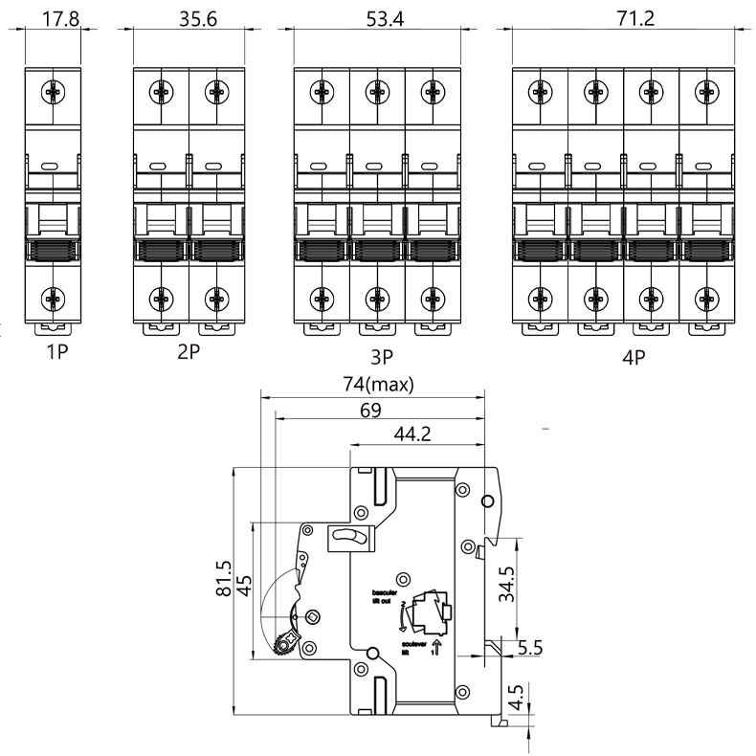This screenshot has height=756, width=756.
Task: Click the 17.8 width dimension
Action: click(x=53, y=19)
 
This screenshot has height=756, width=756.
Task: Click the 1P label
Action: click(x=57, y=351)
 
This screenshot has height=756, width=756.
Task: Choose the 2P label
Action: click(x=189, y=351)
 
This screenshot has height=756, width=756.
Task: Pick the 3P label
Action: click(x=383, y=359)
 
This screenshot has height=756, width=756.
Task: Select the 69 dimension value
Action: click(x=371, y=410)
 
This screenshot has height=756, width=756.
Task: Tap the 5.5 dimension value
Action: click(x=529, y=647)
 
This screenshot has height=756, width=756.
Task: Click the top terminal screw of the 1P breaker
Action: click(x=53, y=93)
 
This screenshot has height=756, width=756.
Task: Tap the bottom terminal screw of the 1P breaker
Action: click(x=53, y=297)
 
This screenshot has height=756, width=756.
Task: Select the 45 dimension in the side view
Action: click(x=244, y=586)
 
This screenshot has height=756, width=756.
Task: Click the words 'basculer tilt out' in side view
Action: click(x=382, y=597)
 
